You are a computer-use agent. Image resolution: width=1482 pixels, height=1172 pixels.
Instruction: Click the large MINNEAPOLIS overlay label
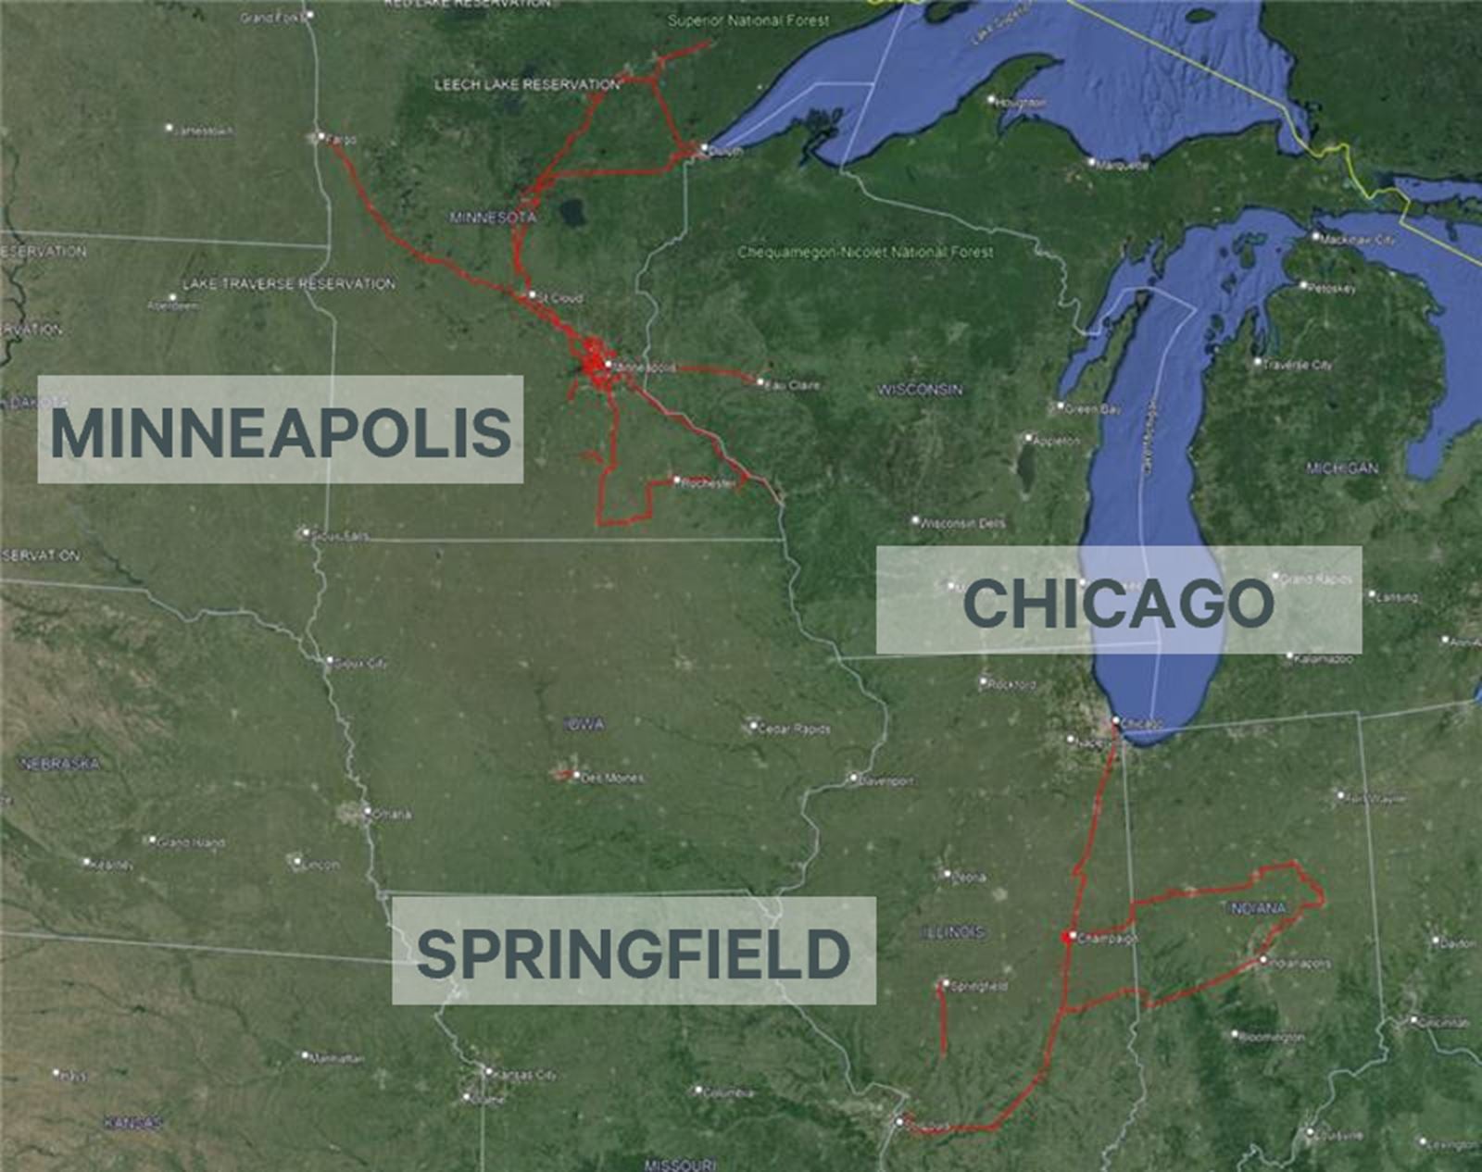280,430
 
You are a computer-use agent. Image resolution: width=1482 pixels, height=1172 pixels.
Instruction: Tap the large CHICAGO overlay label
1119,602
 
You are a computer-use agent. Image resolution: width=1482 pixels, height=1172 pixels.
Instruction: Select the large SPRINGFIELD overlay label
634,953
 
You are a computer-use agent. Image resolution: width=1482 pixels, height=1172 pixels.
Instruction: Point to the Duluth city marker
704,148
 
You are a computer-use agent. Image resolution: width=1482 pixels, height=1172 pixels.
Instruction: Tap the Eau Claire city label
793,384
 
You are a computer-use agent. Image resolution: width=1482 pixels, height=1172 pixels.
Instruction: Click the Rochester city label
708,483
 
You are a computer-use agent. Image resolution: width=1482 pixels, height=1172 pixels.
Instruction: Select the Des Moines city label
611,779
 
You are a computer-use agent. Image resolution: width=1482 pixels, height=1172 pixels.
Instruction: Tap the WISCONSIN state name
920,390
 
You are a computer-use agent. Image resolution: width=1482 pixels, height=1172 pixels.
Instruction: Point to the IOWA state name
584,724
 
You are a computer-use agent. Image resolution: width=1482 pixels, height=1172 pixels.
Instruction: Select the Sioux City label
360,664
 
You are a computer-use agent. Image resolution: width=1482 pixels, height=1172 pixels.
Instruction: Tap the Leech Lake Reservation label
527,85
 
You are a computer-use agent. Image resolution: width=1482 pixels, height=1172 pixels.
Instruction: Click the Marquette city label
1123,166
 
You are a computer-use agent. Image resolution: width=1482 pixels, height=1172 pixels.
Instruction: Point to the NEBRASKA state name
60,764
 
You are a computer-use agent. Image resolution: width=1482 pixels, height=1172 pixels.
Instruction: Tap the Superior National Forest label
748,20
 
